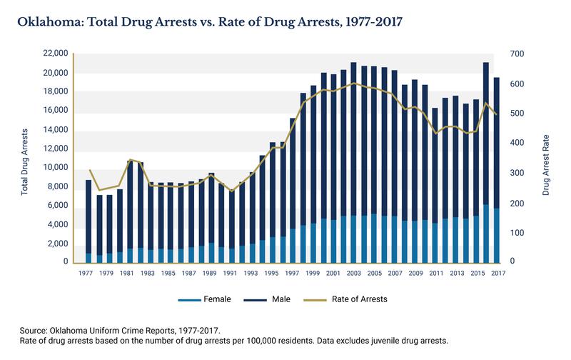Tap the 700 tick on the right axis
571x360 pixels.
click(x=517, y=54)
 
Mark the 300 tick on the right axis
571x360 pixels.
click(x=517, y=173)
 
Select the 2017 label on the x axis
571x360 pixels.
click(x=497, y=273)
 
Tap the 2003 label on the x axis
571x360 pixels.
click(x=354, y=273)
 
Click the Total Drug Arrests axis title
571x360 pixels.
click(x=25, y=161)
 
